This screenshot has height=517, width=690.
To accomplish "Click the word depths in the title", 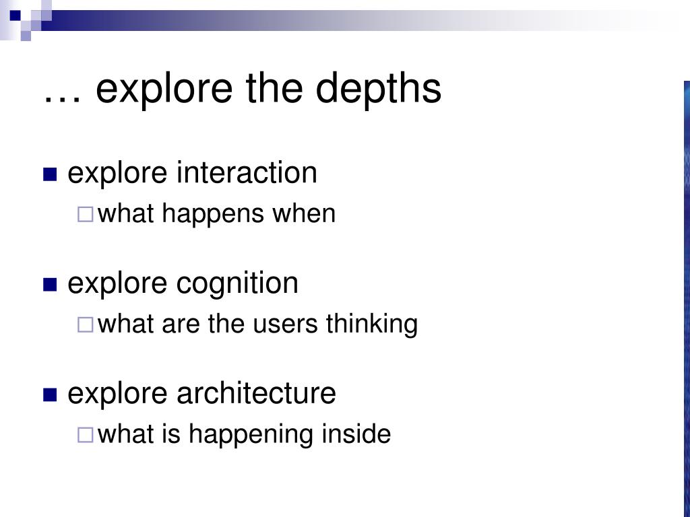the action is (x=379, y=90).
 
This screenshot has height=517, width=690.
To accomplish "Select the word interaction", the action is (x=247, y=172).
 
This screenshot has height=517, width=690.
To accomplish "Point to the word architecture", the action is (x=257, y=393).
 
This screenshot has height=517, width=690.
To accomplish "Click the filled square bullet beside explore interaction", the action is (x=50, y=174).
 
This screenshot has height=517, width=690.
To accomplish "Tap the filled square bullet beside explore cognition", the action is (x=50, y=285).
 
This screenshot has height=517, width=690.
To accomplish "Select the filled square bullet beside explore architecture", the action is (x=50, y=394).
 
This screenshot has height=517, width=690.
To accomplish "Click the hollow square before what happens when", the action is (x=86, y=215).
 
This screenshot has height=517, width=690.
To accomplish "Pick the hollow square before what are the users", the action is (x=86, y=325).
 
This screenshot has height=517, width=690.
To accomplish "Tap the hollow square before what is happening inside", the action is (x=86, y=436).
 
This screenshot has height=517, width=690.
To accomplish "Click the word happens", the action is (x=212, y=215).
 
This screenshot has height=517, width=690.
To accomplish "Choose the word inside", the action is (x=356, y=434).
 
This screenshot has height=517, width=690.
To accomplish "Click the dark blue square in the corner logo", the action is (x=15, y=15).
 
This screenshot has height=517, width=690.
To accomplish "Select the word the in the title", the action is (x=274, y=89).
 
